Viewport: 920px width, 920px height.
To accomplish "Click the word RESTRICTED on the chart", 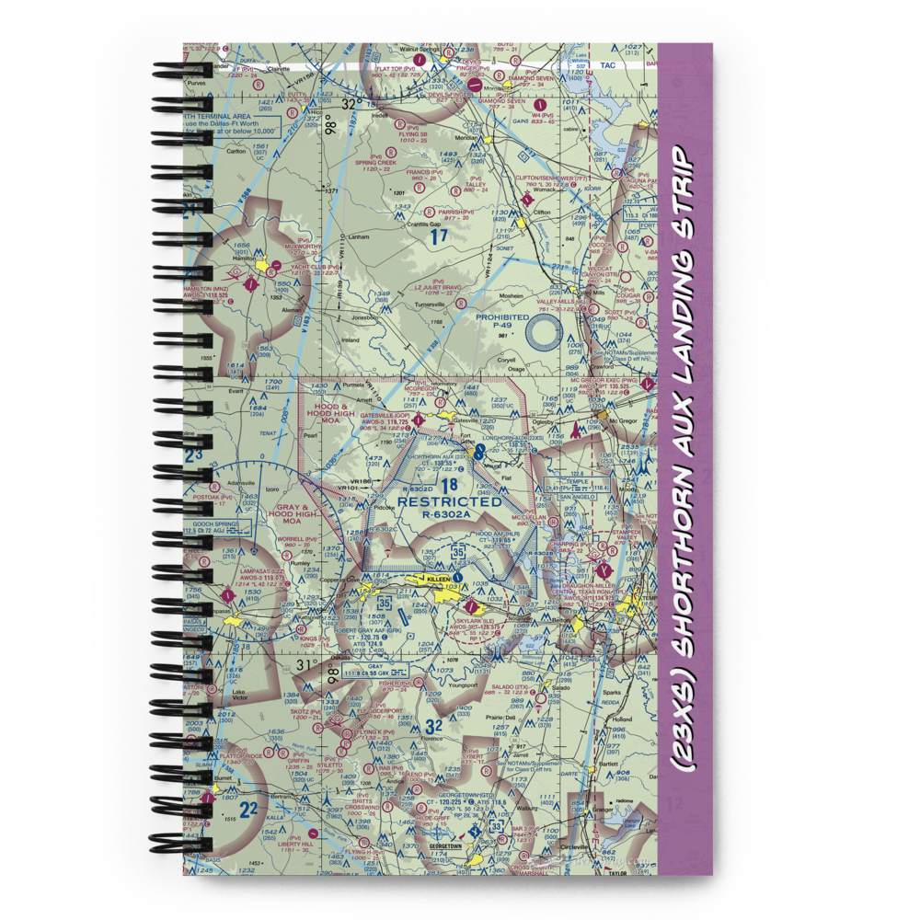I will tap(450, 501).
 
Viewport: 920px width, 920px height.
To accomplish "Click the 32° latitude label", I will tap(350, 105).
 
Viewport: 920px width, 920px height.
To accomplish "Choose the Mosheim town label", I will tap(512, 296).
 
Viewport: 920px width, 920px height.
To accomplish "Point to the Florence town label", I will tap(420, 738).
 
